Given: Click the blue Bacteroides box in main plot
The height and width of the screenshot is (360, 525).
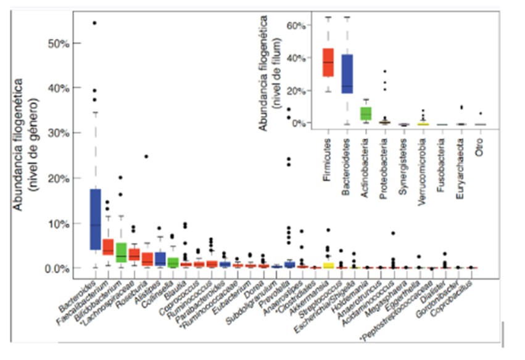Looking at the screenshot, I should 95,219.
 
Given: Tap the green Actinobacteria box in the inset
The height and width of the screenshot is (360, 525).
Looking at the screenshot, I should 366,113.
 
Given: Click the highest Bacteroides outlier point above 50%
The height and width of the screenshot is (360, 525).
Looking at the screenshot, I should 94,23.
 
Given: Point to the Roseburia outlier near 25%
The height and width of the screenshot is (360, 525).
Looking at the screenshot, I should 146,156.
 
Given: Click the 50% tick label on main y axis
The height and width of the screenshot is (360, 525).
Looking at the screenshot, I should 57,43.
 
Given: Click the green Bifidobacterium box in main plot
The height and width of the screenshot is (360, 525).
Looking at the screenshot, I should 122,252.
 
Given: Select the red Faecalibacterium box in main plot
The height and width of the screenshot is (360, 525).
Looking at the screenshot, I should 108,247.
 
